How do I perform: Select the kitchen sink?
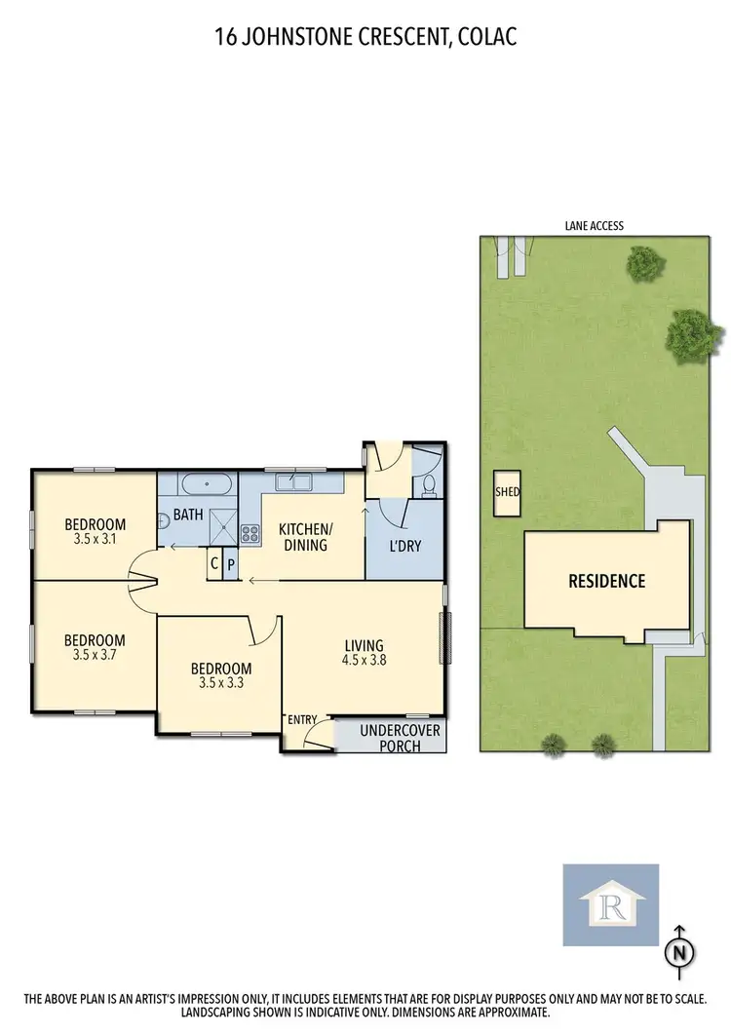292,480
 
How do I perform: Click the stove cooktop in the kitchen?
250,533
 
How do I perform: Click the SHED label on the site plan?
508,492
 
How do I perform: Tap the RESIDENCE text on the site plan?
607,582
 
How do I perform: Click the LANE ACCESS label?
594,226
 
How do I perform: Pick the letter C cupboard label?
213,563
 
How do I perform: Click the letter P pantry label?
231,563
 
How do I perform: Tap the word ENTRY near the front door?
302,720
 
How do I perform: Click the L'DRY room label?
404,546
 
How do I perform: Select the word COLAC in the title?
487,38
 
